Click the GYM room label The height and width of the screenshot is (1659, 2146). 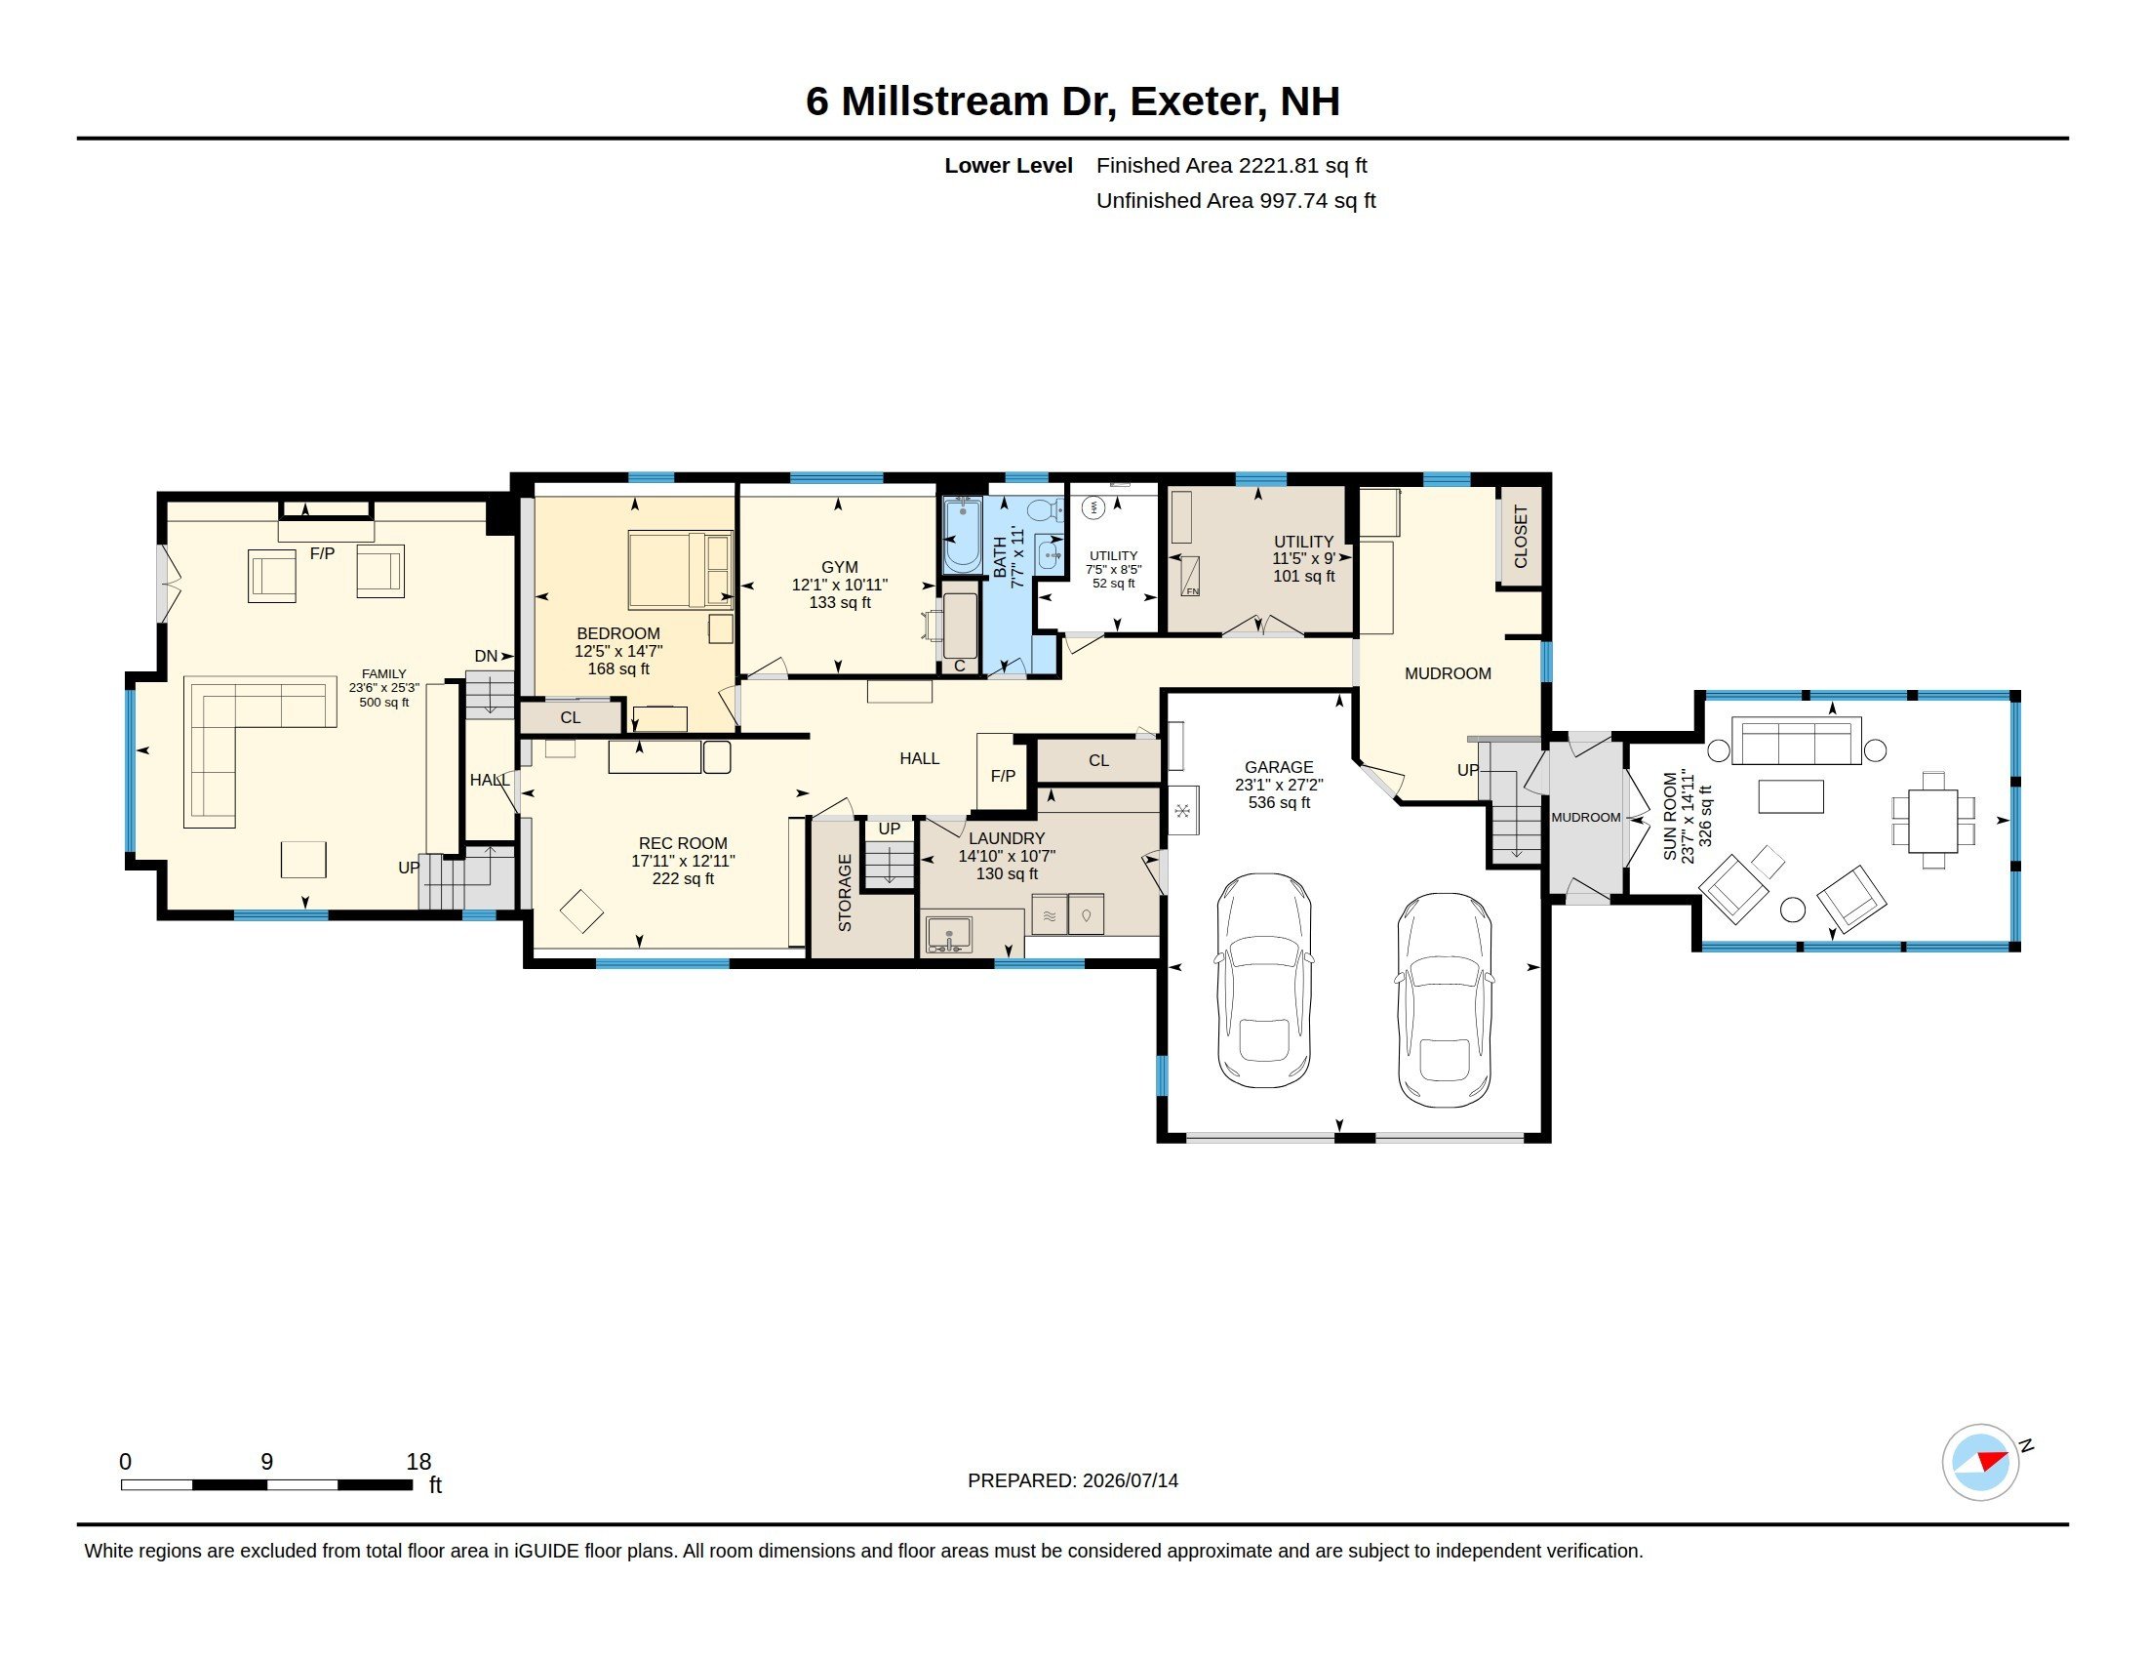click(839, 567)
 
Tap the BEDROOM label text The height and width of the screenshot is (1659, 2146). click(618, 634)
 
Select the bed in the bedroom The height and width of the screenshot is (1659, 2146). click(680, 570)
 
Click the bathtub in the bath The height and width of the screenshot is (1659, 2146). click(962, 536)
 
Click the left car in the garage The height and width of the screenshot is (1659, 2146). click(1263, 980)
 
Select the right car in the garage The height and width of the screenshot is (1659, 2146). click(1445, 999)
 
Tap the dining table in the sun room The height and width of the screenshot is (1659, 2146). click(1932, 821)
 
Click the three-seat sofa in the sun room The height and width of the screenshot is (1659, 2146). click(1796, 741)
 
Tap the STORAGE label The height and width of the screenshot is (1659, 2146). click(845, 892)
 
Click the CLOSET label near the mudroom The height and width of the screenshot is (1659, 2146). click(1521, 537)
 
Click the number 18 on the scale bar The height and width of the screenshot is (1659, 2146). click(418, 1462)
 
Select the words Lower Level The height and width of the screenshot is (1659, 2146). click(1009, 166)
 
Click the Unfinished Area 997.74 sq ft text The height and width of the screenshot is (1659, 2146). click(1236, 200)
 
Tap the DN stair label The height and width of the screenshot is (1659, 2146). click(487, 657)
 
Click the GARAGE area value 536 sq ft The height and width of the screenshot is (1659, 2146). click(1280, 803)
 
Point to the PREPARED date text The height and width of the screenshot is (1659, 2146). click(1073, 1481)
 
